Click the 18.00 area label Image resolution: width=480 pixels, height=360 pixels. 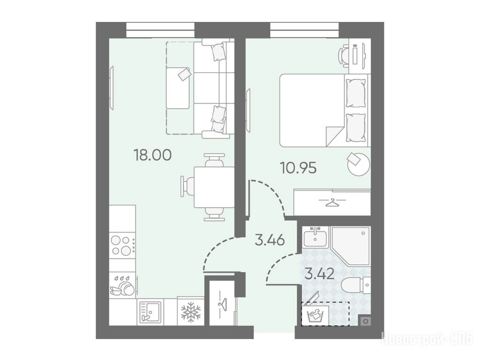(x=152, y=155)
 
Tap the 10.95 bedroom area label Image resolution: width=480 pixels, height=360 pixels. (x=299, y=168)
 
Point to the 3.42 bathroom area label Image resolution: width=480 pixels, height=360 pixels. (x=319, y=273)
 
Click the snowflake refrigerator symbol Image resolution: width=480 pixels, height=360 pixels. (x=190, y=312)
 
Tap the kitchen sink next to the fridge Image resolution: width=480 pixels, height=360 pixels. (x=150, y=312)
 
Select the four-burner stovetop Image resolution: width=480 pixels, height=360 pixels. (x=122, y=246)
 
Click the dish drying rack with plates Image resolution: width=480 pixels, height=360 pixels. (x=122, y=285)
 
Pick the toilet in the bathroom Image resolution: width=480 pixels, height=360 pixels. (x=356, y=284)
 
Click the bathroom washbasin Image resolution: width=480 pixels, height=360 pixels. (x=315, y=237)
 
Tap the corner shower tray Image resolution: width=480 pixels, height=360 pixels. (x=351, y=246)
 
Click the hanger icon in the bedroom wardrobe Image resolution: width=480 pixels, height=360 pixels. (x=332, y=202)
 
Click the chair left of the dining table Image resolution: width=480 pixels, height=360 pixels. (x=187, y=187)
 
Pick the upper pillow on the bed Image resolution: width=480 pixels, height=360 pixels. (x=356, y=93)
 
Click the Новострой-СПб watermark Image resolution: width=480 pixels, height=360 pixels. (x=428, y=339)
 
